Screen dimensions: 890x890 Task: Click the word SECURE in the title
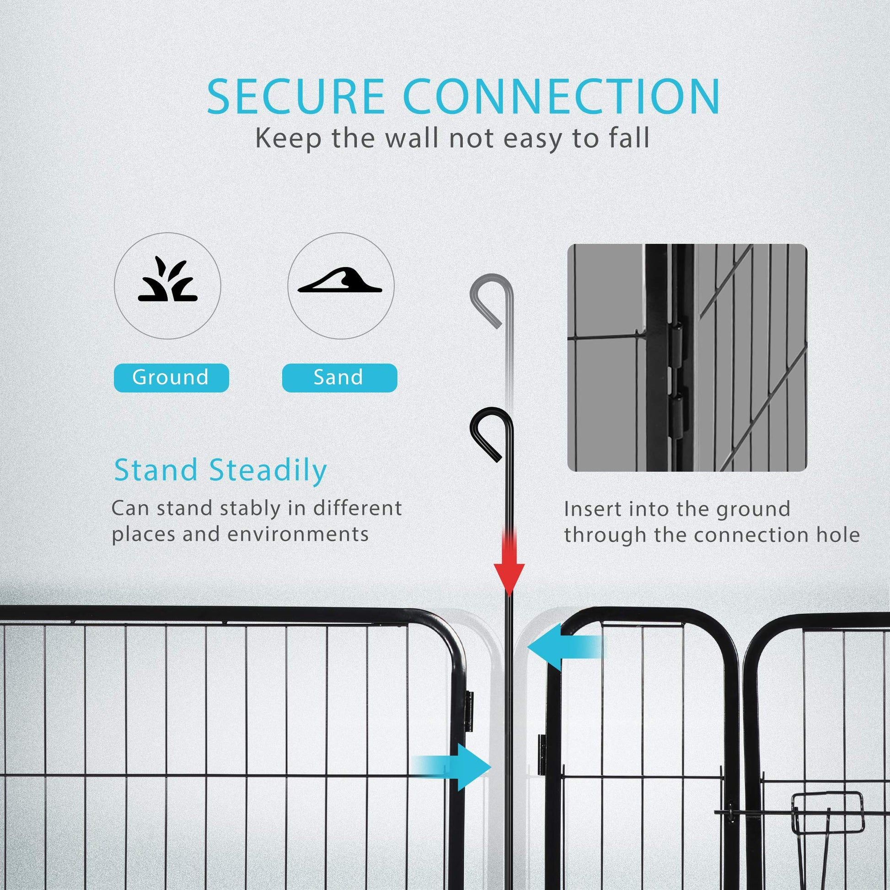click(295, 97)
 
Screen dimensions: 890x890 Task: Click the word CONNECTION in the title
click(562, 97)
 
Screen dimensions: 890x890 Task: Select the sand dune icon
click(340, 280)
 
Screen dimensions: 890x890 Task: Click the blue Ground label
click(171, 377)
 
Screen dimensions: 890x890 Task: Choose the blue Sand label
click(339, 377)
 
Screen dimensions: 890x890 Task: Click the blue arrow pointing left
click(564, 647)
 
